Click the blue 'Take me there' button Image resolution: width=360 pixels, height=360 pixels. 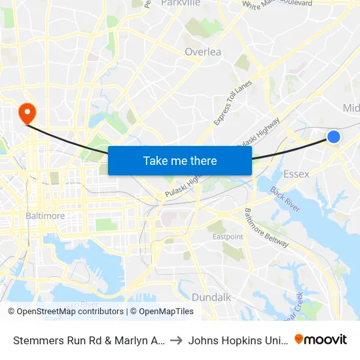pyautogui.click(x=179, y=160)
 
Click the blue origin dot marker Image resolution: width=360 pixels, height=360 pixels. pyautogui.click(x=333, y=136)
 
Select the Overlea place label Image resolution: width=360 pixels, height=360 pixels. pyautogui.click(x=203, y=52)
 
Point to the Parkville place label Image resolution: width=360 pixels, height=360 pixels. pyautogui.click(x=180, y=3)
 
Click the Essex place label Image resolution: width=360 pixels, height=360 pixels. pyautogui.click(x=297, y=174)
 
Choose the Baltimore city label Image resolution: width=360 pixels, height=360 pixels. pyautogui.click(x=45, y=215)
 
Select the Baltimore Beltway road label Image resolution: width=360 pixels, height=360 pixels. pyautogui.click(x=266, y=227)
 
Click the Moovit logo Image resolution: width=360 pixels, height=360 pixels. pyautogui.click(x=321, y=340)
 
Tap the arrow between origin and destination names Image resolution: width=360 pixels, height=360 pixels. pyautogui.click(x=177, y=340)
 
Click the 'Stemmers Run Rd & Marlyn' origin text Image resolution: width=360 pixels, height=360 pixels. pyautogui.click(x=88, y=340)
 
